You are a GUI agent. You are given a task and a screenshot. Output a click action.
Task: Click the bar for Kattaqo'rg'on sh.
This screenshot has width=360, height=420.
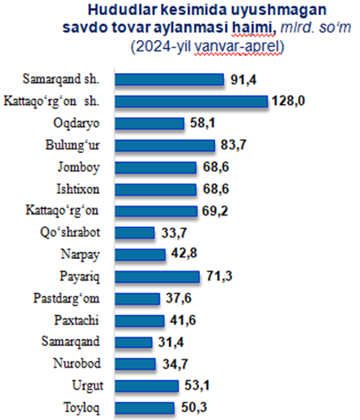click(191, 101)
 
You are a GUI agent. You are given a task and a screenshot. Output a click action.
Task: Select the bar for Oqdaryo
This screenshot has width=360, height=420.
click(149, 124)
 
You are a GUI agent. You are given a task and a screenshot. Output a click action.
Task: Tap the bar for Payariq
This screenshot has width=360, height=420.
click(157, 277)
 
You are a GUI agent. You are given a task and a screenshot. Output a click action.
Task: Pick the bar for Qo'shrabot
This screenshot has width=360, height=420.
click(135, 233)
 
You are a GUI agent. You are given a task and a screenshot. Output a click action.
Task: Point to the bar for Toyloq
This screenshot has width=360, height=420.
click(145, 408)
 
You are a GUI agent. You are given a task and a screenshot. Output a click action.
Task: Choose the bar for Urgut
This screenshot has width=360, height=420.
click(147, 386)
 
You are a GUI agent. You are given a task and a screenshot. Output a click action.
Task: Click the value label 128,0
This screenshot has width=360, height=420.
click(288, 101)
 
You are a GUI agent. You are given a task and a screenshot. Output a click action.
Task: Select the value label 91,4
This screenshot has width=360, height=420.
click(244, 79)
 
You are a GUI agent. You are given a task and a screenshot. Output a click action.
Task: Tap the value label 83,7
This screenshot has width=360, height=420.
click(234, 145)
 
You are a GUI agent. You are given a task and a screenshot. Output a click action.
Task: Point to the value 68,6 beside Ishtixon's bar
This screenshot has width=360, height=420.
click(216, 189)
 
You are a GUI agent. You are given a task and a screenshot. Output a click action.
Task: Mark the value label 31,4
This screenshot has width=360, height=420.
click(171, 343)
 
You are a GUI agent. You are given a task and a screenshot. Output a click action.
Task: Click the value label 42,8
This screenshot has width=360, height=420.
click(184, 254)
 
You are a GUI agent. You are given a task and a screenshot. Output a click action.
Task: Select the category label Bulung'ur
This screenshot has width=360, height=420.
click(72, 145)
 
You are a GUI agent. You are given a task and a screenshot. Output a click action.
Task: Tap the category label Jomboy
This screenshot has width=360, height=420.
click(78, 167)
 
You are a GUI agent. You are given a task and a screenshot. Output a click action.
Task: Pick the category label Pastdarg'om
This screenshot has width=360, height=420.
click(67, 299)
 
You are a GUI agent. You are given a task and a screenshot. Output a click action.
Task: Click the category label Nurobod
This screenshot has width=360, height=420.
click(76, 364)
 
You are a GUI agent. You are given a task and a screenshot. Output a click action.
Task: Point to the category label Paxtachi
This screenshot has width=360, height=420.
click(76, 320)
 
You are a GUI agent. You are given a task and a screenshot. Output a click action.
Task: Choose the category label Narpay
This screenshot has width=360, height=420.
click(80, 254)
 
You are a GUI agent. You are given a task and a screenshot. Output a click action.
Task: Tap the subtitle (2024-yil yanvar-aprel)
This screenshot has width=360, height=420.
click(207, 46)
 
